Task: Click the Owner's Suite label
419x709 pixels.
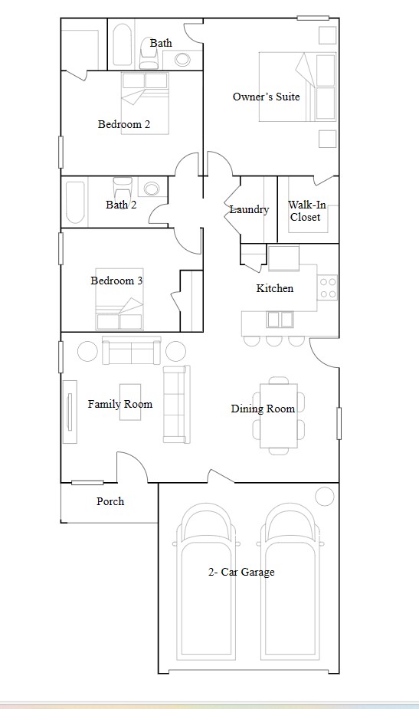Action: click(266, 97)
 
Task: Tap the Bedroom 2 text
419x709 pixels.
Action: click(123, 124)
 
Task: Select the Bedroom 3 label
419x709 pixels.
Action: click(116, 281)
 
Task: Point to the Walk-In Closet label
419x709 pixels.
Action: click(305, 211)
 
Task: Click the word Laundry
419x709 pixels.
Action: click(249, 209)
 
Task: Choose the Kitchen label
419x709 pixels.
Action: click(274, 288)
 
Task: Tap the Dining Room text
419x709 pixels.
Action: click(263, 409)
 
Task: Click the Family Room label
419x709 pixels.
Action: click(119, 404)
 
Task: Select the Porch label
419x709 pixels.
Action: click(110, 501)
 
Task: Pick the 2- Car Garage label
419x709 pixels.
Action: click(241, 572)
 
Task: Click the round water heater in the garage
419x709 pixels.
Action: click(325, 495)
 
